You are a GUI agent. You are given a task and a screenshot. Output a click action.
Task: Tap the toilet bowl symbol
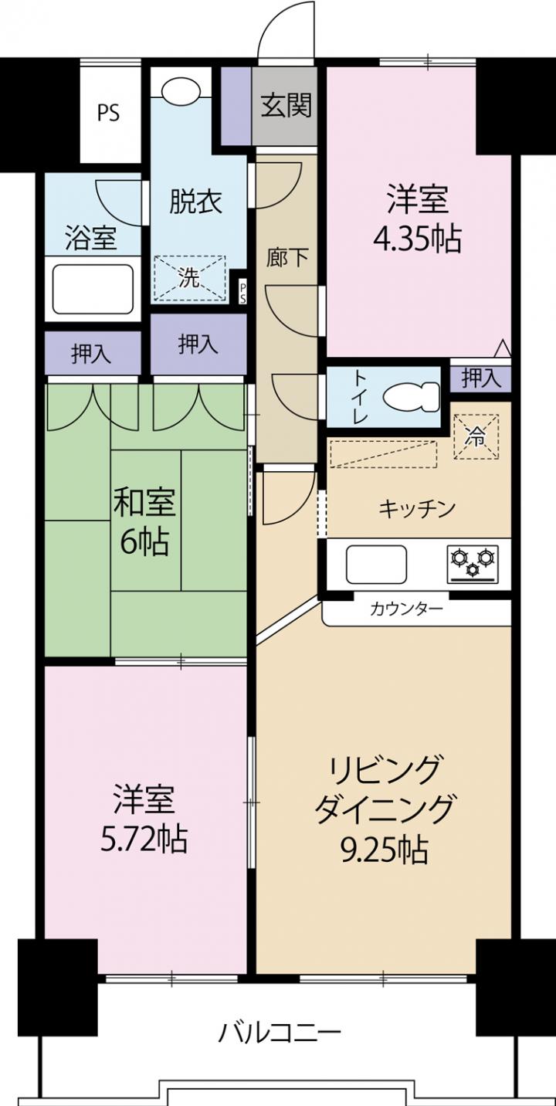[x=412, y=397]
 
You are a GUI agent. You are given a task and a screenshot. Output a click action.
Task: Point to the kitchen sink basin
[x=377, y=565]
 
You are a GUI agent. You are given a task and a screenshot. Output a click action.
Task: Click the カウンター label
[x=406, y=609]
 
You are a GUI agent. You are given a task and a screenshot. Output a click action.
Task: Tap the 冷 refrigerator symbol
[x=476, y=436]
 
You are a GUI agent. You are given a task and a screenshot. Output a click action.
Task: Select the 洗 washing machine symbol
[x=190, y=277]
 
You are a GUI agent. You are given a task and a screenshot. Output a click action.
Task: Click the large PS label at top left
[x=108, y=113]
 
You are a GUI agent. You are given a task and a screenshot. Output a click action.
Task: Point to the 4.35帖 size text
[x=416, y=239]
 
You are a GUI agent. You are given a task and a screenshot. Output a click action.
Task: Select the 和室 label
[x=144, y=501]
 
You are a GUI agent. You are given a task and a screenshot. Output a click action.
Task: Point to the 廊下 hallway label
[x=287, y=257]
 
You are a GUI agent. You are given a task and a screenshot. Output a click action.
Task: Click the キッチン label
[x=416, y=508]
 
